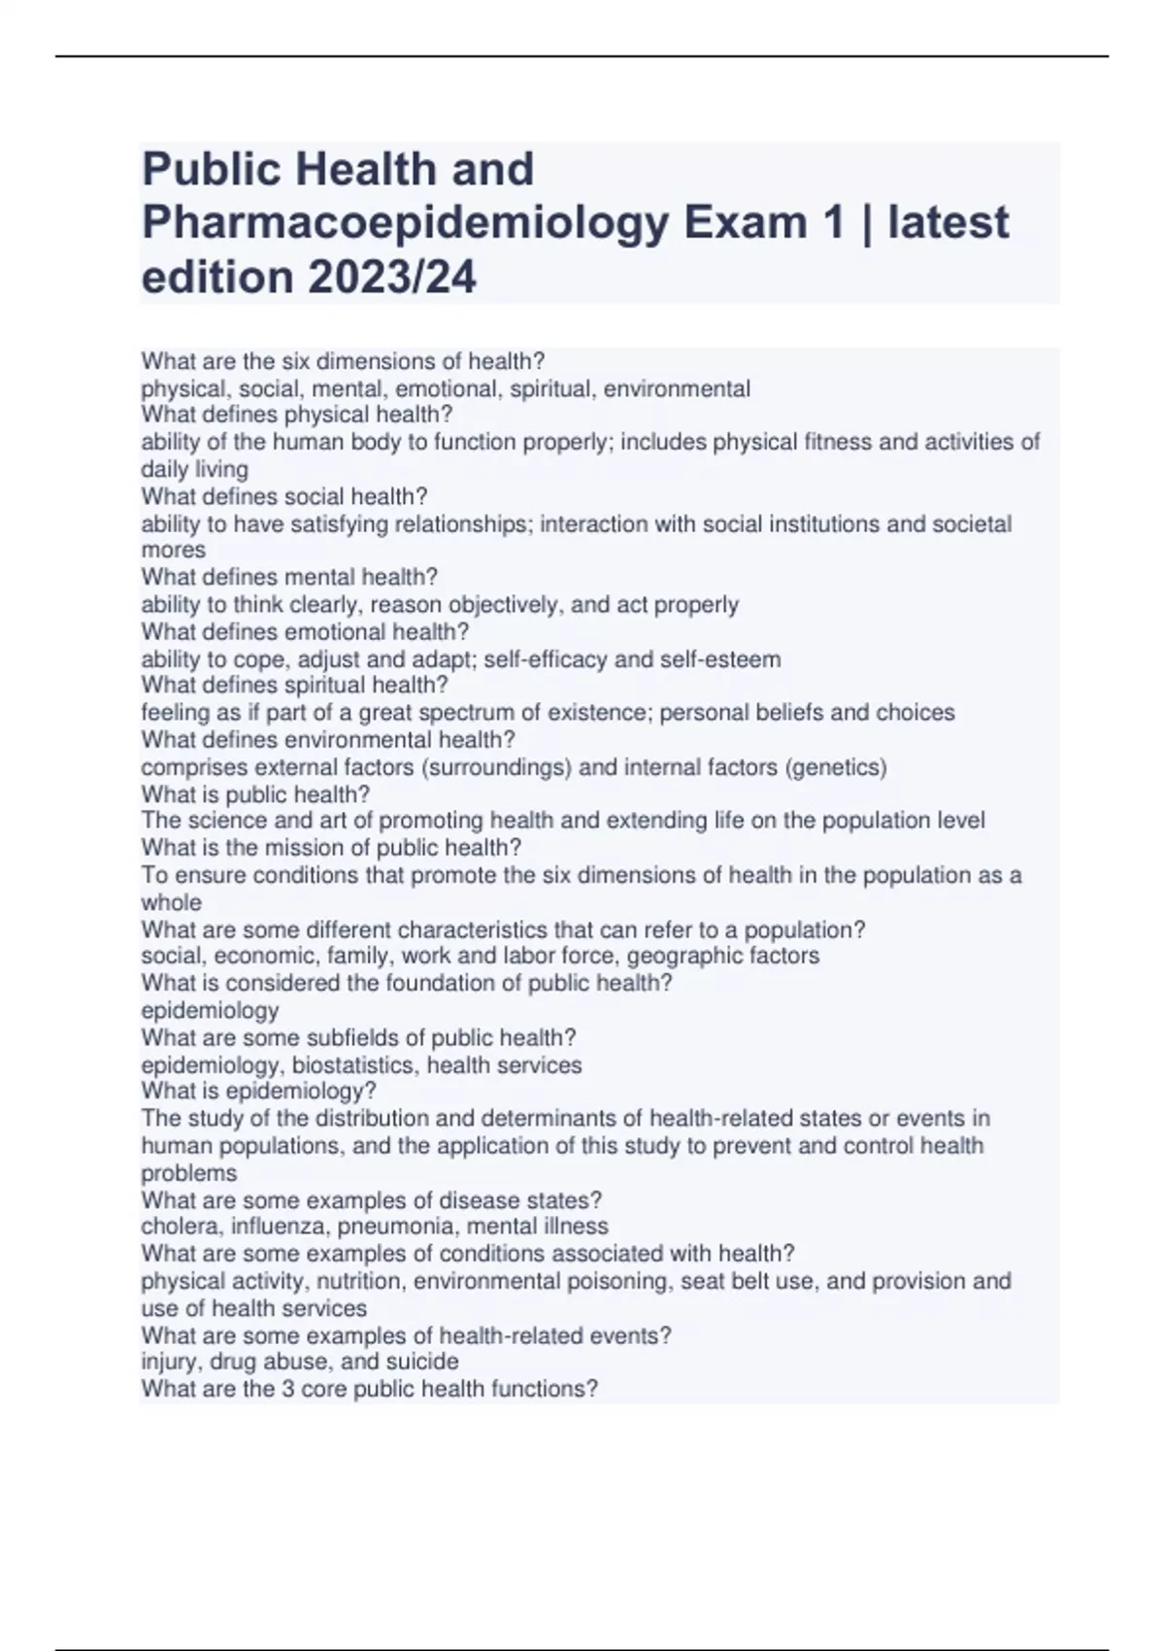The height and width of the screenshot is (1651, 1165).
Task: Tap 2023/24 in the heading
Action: pos(392,277)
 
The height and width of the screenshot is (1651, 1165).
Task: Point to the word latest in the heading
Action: pos(948,222)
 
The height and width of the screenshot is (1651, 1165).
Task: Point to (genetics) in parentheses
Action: pos(835,767)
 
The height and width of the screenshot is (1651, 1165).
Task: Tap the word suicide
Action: pos(422,1362)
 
